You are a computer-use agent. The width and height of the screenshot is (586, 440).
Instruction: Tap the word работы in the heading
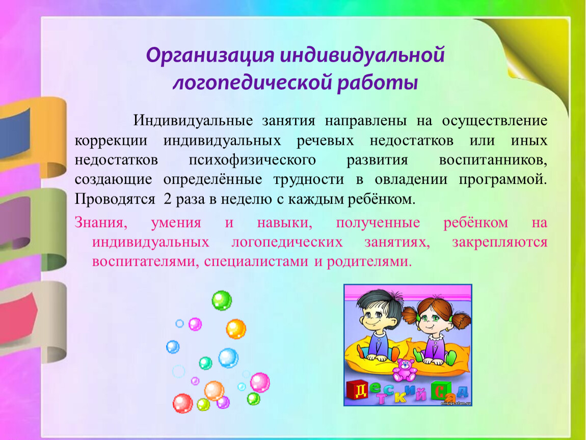378,82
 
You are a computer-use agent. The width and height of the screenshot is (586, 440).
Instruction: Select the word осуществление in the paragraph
494,121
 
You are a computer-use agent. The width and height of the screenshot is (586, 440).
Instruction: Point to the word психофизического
252,160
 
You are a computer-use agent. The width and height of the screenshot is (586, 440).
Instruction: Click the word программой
502,180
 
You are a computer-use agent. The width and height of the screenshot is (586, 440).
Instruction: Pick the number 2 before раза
168,199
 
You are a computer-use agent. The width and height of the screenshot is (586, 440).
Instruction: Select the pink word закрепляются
500,242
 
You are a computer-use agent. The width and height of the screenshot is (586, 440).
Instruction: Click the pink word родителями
369,261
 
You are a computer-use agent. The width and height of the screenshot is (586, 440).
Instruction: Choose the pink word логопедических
287,242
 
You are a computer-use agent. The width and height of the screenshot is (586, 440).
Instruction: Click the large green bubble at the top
222,300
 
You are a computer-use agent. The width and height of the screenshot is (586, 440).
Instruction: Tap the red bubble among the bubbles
183,403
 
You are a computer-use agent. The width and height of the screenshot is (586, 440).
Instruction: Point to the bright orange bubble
236,329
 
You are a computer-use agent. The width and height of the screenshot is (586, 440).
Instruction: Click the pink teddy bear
405,369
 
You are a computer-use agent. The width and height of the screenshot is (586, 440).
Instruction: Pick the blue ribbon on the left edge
15,132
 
